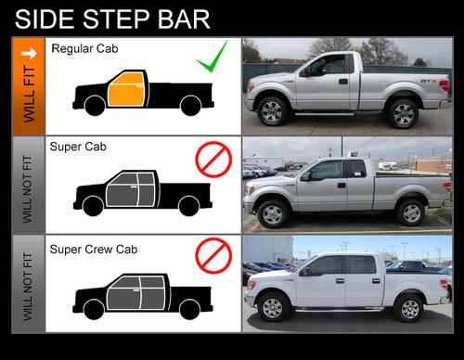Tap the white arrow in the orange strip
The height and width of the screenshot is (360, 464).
pyautogui.click(x=29, y=54)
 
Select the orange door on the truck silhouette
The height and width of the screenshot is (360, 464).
pyautogui.click(x=126, y=90)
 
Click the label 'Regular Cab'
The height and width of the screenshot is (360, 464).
pyautogui.click(x=84, y=48)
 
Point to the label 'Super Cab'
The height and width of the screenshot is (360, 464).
pyautogui.click(x=78, y=147)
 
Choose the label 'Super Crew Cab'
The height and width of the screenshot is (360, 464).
pyautogui.click(x=94, y=250)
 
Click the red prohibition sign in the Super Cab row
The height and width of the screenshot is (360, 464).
pyautogui.click(x=213, y=160)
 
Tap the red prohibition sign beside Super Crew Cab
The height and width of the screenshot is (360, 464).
pyautogui.click(x=213, y=256)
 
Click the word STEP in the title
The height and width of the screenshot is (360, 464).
pyautogui.click(x=116, y=19)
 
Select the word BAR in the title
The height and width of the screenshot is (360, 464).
pyautogui.click(x=184, y=19)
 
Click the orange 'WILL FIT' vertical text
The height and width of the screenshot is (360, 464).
pyautogui.click(x=29, y=95)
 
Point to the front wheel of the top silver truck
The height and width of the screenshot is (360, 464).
pyautogui.click(x=272, y=111)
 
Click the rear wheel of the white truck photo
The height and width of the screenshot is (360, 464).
pyautogui.click(x=409, y=308)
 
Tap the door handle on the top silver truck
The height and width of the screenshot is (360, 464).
pyautogui.click(x=343, y=82)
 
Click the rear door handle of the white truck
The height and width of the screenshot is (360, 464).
pyautogui.click(x=376, y=281)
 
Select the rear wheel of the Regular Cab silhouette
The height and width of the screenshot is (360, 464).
pyautogui.click(x=191, y=106)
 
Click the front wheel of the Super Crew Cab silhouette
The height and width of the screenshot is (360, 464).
pyautogui.click(x=94, y=309)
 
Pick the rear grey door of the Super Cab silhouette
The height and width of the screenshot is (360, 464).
pyautogui.click(x=146, y=189)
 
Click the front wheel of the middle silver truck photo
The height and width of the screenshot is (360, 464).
pyautogui.click(x=273, y=214)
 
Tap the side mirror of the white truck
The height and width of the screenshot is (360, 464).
pyautogui.click(x=306, y=272)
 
